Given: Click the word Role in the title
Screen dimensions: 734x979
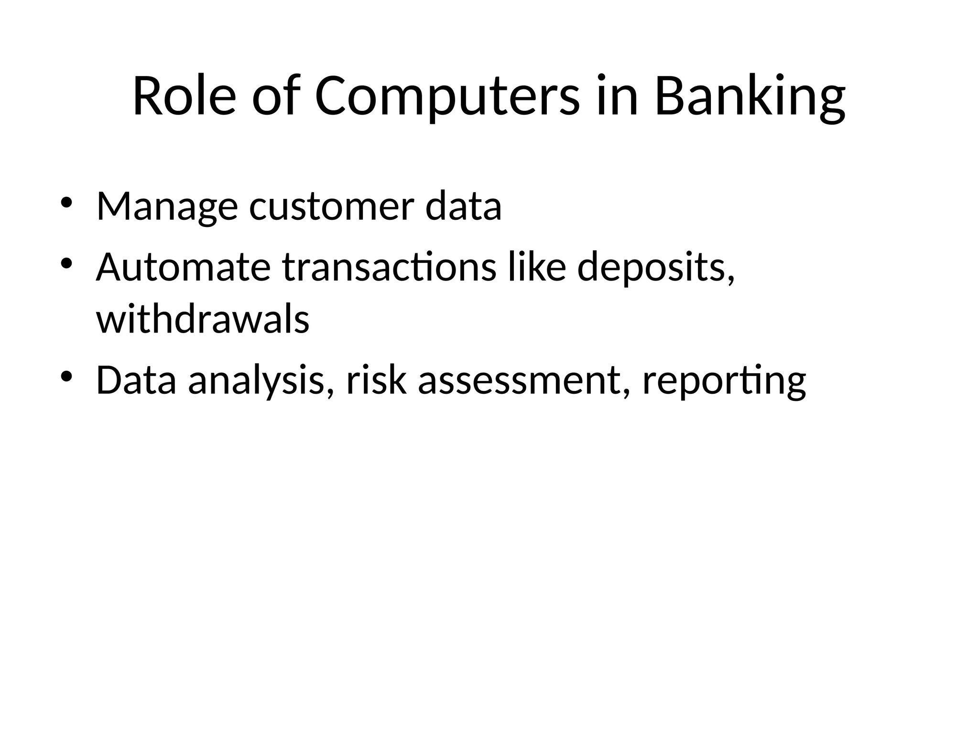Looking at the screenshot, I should (184, 97).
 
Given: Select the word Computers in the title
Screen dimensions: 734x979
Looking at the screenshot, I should (447, 97).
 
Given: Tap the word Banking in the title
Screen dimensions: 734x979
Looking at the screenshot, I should (750, 97).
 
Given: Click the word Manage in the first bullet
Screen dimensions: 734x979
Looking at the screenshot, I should (167, 206).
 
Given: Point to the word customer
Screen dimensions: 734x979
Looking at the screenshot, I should (331, 206).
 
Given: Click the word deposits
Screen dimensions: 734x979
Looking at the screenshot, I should (655, 268).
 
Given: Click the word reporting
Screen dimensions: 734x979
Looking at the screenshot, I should (724, 381).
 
